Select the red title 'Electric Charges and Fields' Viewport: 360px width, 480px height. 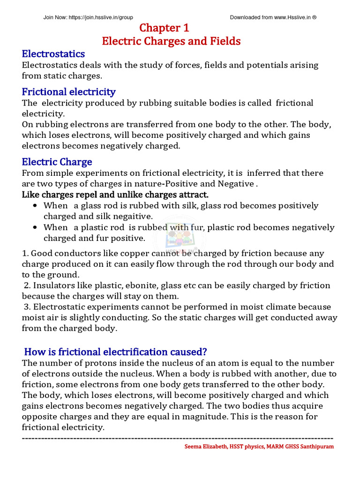171,41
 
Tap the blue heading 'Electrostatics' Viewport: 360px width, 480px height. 53,54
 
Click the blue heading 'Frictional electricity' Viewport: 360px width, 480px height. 68,91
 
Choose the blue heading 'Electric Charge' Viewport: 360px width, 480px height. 57,162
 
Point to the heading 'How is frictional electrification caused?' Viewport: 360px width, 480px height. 115,352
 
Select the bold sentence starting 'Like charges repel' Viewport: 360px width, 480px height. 115,195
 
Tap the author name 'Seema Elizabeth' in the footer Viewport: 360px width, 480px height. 204,447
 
